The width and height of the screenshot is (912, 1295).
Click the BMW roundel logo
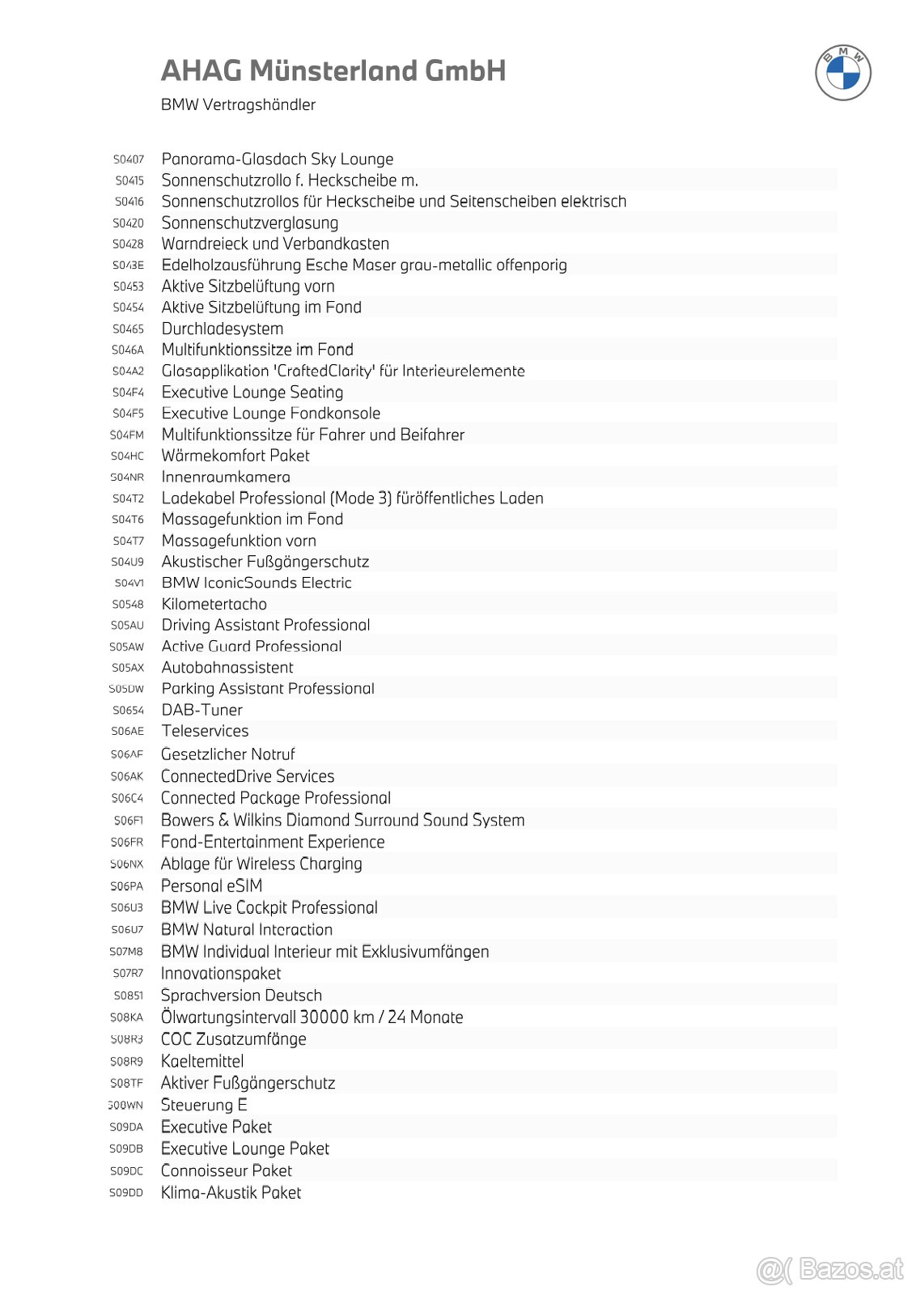(842, 73)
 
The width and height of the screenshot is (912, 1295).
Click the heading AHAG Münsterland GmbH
(333, 71)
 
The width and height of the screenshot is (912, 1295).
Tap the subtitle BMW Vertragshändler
(238, 104)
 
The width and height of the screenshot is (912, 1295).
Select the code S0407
(129, 159)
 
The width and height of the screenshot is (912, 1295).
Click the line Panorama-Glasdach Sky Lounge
(278, 159)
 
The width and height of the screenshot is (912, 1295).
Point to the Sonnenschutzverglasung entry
(250, 223)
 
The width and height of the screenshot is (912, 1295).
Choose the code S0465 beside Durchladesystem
(128, 329)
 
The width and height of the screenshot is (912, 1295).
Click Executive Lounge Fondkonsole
(271, 413)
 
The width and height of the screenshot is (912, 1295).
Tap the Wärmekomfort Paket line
(235, 456)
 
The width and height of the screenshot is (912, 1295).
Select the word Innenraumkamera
(226, 477)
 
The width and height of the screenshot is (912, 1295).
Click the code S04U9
(127, 562)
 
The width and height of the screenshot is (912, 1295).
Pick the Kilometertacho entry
(214, 604)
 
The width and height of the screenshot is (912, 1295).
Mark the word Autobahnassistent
(227, 668)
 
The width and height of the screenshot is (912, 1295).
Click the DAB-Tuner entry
(202, 710)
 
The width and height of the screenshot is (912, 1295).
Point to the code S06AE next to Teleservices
(127, 731)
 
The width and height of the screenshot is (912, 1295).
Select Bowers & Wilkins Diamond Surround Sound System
(343, 820)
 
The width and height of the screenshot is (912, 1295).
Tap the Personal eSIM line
(212, 885)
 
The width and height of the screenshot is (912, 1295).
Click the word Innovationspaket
(221, 974)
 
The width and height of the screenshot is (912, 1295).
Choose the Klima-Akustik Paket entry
(231, 1192)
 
